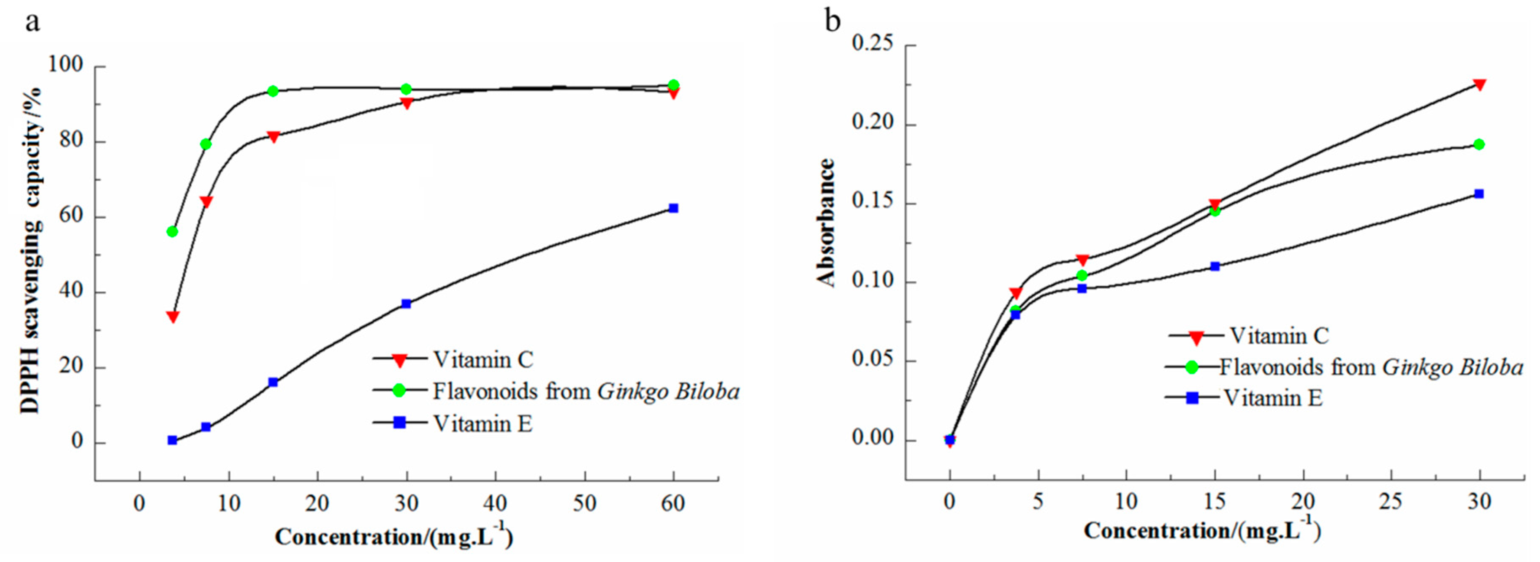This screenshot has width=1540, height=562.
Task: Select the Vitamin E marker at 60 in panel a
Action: pos(673,208)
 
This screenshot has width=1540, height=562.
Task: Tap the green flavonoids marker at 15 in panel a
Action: pos(273,91)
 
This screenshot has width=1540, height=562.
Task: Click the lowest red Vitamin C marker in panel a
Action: pos(173,316)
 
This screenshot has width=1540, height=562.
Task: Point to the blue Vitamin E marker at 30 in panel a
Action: pos(407,304)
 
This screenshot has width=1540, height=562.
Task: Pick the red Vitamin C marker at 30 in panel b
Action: pos(1480,85)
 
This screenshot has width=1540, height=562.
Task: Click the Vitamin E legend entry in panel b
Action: pos(1273,398)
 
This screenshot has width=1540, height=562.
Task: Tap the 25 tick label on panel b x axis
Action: pos(1391,501)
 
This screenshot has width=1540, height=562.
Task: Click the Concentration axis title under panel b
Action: pos(1201,530)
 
